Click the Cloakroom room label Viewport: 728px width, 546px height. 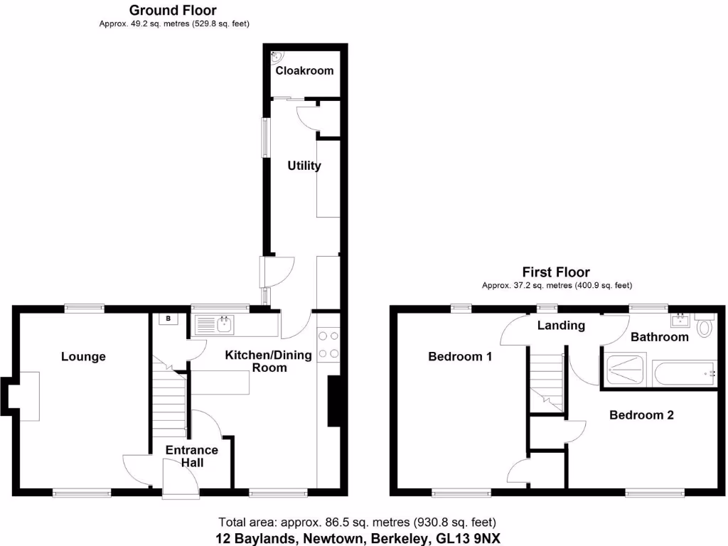click(304, 70)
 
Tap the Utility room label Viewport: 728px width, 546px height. click(304, 166)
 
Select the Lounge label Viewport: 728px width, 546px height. click(83, 356)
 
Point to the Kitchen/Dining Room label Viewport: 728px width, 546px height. click(269, 361)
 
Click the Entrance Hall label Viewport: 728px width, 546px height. click(192, 456)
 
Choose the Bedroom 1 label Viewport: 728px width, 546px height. click(460, 356)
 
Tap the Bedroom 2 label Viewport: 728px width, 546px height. click(641, 415)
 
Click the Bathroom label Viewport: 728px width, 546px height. click(660, 336)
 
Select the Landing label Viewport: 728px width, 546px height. click(561, 326)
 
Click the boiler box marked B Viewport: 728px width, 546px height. click(168, 319)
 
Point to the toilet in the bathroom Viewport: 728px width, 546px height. click(705, 326)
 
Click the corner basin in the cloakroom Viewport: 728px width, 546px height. click(278, 55)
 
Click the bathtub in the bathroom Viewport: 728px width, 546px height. click(684, 373)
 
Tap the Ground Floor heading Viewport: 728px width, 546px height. click(173, 10)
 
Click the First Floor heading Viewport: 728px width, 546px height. click(556, 272)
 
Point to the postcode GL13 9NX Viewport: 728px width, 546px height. click(467, 538)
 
